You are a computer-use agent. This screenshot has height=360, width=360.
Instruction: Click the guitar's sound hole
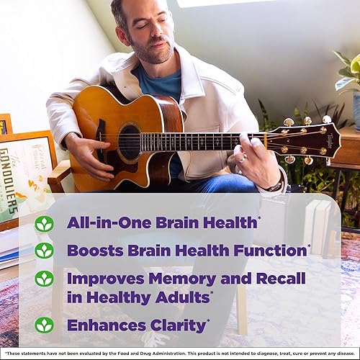(x=130, y=141)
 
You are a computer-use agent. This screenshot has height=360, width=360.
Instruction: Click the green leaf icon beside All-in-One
(x=45, y=223)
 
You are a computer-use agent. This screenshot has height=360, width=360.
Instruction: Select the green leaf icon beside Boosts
(x=45, y=251)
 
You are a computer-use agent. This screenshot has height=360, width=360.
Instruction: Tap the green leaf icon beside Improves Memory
(x=45, y=278)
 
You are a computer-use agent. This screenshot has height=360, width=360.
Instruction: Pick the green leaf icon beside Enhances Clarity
(x=45, y=325)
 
